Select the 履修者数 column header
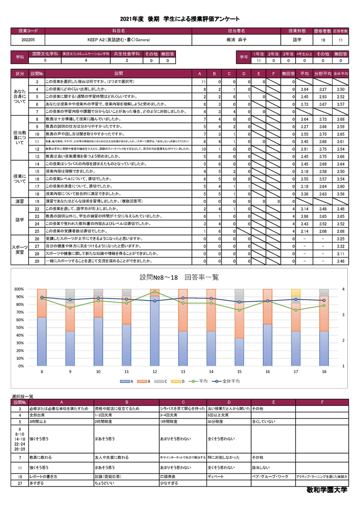[323, 31]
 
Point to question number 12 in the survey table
[37, 149]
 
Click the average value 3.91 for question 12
[304, 149]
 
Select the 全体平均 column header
[341, 73]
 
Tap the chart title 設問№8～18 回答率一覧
[179, 277]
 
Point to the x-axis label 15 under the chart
[239, 371]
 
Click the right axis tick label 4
[343, 289]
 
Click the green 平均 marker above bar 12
[155, 292]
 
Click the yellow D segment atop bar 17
[296, 292]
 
